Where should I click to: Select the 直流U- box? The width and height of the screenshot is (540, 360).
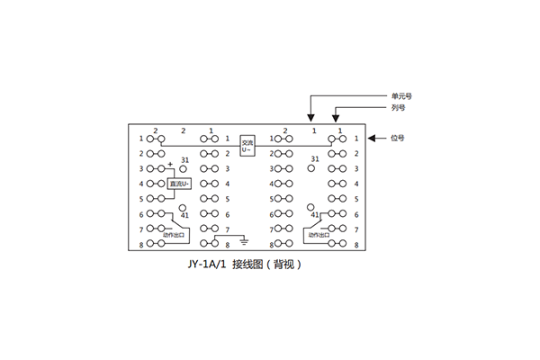pyautogui.click(x=180, y=184)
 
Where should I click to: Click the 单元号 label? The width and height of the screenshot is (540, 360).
pyautogui.click(x=401, y=95)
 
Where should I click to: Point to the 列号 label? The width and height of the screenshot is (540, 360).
pyautogui.click(x=399, y=107)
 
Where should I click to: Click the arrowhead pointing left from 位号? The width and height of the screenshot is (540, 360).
pyautogui.click(x=371, y=139)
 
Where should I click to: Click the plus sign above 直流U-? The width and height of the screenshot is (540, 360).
pyautogui.click(x=170, y=163)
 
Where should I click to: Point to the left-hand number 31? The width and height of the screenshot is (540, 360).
pyautogui.click(x=184, y=159)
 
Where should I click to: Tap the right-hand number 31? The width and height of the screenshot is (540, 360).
pyautogui.click(x=315, y=159)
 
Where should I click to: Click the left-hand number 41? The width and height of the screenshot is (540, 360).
pyautogui.click(x=184, y=216)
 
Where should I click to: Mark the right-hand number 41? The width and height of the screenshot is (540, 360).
pyautogui.click(x=314, y=216)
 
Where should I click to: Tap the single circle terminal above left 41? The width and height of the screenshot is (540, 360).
pyautogui.click(x=180, y=207)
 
